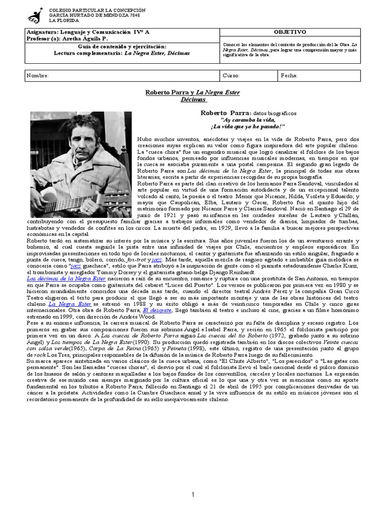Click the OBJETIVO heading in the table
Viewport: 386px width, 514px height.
tap(289, 32)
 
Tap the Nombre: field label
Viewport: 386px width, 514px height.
tap(38, 75)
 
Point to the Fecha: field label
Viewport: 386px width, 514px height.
tap(289, 75)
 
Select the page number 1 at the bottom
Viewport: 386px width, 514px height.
tap(192, 480)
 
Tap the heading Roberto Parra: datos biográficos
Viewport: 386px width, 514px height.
tap(248, 113)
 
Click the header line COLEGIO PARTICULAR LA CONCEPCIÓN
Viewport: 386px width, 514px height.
tap(97, 10)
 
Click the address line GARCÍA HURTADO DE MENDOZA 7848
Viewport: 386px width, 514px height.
tap(95, 15)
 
